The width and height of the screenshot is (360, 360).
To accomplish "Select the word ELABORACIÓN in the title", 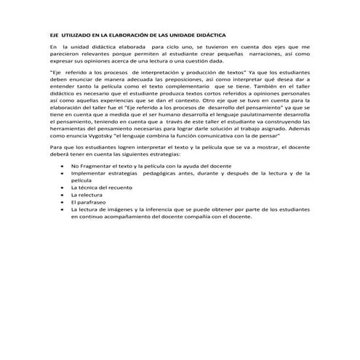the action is tap(125, 34).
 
